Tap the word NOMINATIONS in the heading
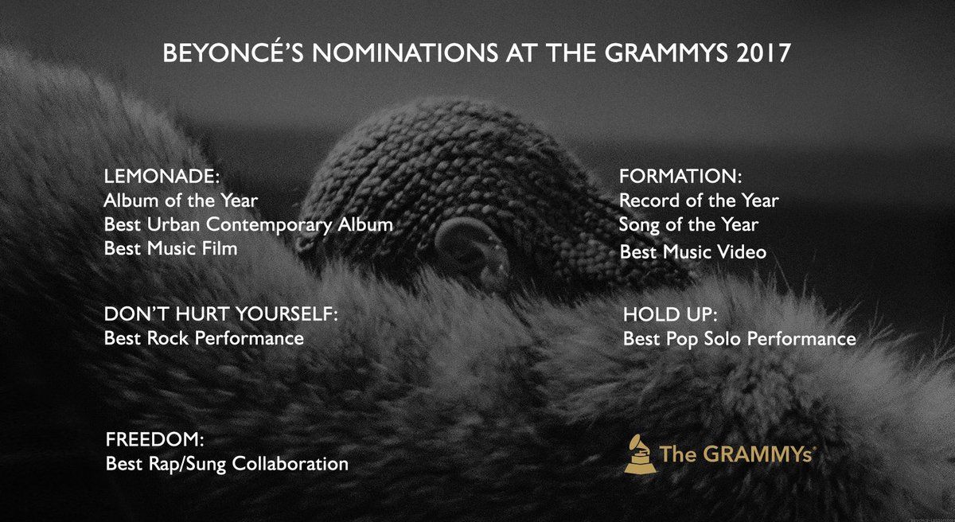click(405, 53)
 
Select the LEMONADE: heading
click(162, 176)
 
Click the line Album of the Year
click(181, 201)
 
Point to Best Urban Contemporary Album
click(248, 225)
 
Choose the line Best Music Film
click(170, 248)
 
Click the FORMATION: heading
click(680, 176)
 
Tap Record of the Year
click(699, 201)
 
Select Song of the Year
click(688, 225)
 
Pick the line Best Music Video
click(693, 251)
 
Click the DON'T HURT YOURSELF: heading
click(221, 314)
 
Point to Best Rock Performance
click(204, 338)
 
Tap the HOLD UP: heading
click(670, 314)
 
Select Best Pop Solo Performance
click(739, 339)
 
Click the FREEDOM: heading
click(154, 439)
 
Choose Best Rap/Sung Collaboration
click(227, 464)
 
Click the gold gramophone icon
click(641, 454)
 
